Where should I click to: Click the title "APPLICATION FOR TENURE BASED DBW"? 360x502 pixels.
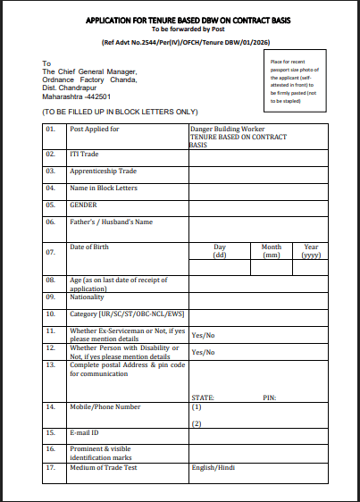(180, 19)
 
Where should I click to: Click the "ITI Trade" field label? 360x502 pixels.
(85, 154)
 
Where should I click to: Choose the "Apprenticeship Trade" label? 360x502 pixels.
(103, 171)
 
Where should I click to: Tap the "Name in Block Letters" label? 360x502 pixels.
(105, 188)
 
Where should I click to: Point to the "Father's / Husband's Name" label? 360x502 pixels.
(112, 222)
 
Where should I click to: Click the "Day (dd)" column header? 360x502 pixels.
(220, 251)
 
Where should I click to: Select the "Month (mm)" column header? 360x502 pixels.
(272, 251)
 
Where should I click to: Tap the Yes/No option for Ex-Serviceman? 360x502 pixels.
(203, 335)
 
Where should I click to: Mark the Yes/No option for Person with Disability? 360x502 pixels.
(203, 352)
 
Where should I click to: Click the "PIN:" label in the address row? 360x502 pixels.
(269, 397)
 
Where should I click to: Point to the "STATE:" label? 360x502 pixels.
(203, 397)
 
